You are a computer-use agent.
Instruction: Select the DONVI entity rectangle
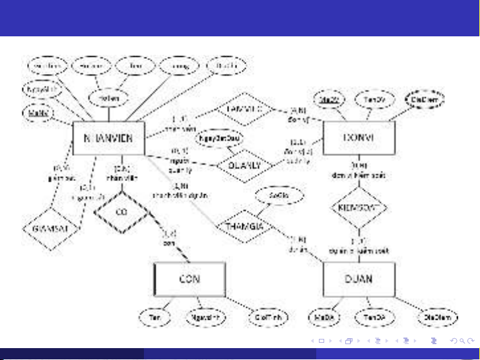coord(358,137)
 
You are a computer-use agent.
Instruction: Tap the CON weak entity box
coord(189,278)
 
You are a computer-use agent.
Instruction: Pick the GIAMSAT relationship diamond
coord(46,228)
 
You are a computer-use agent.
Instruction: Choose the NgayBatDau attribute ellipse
coord(220,139)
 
